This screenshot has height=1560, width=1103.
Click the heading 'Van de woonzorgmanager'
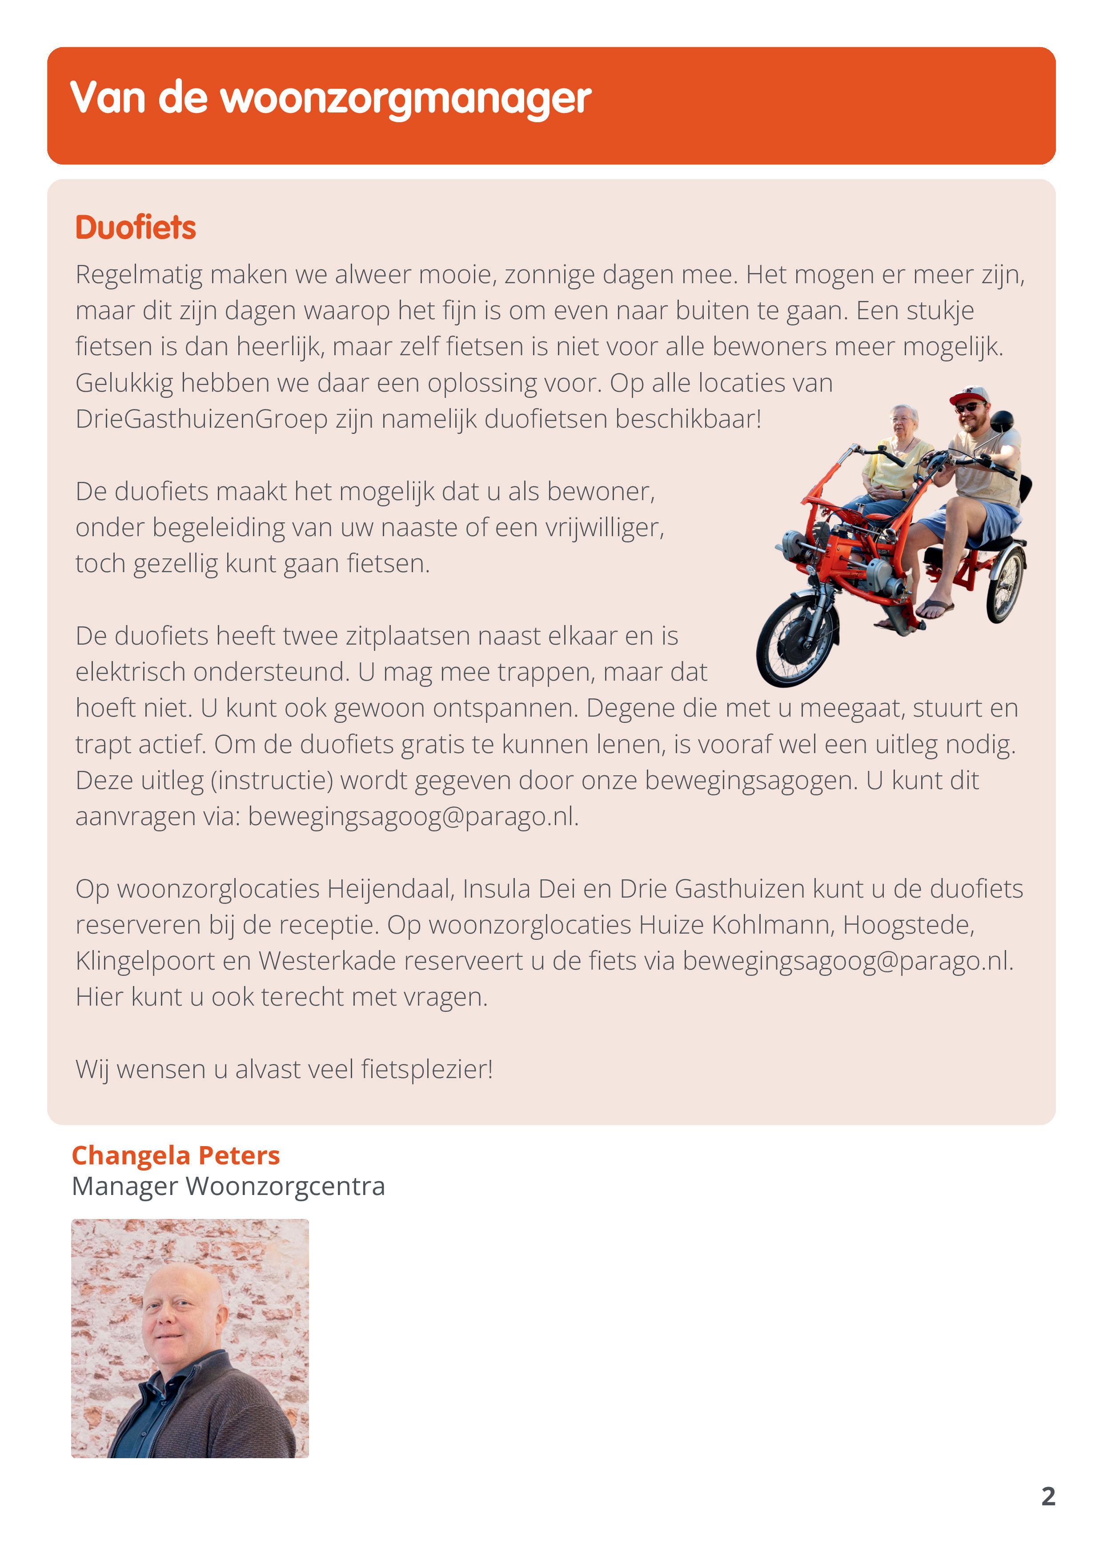click(330, 99)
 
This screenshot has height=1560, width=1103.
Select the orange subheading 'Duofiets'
click(135, 228)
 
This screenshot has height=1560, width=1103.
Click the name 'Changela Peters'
click(175, 1155)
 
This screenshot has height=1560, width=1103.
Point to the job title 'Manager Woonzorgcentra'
click(229, 1186)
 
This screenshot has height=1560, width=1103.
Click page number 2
click(1048, 1496)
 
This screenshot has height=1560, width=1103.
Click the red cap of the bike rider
click(968, 395)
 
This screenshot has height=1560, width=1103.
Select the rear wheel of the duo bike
click(1006, 584)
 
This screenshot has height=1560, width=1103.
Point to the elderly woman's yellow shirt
click(897, 465)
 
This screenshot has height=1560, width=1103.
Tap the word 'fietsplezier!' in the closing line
click(427, 1070)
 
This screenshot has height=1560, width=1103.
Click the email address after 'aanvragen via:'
click(413, 817)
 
